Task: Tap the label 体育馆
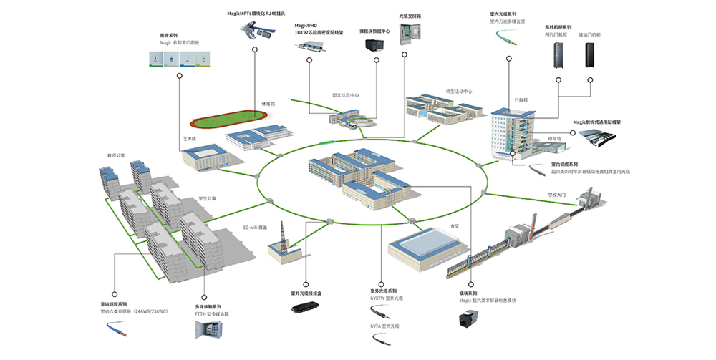(x=267, y=104)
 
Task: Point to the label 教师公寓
(x=116, y=155)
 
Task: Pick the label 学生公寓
(x=207, y=198)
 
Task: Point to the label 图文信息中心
(x=345, y=94)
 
